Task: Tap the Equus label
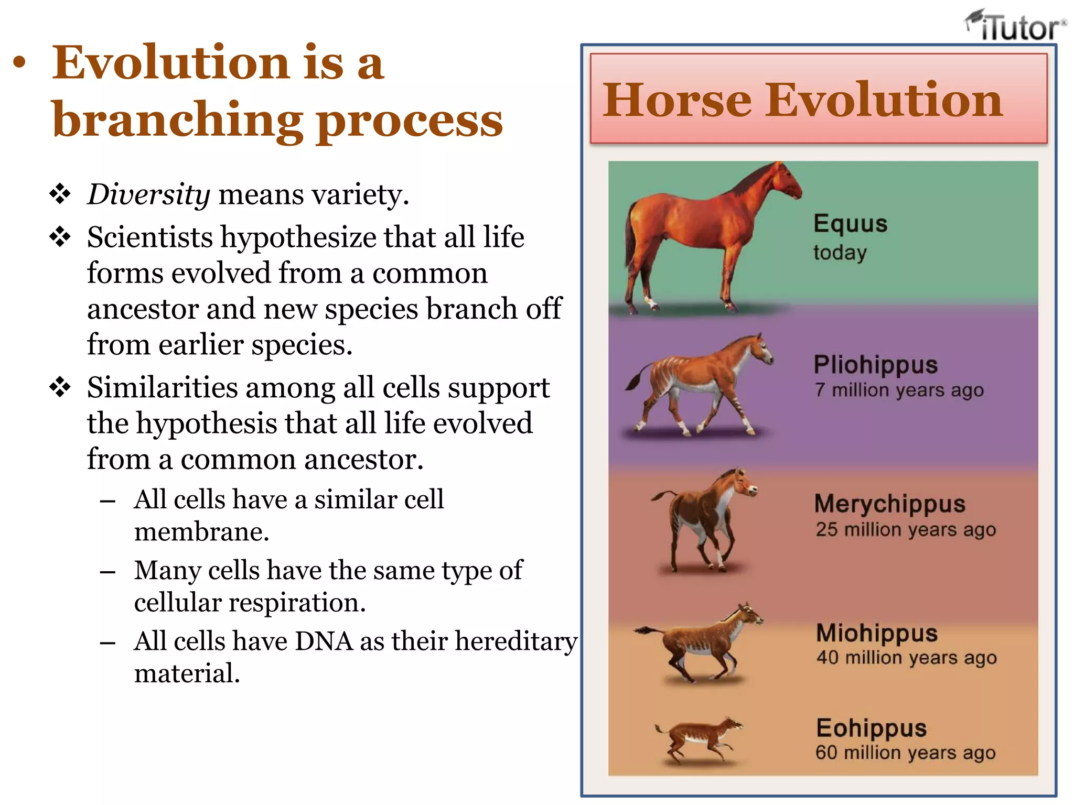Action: point(850,224)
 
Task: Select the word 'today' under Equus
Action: point(840,253)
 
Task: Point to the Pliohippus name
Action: point(875,365)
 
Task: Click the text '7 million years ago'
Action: point(899,390)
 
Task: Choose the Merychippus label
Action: point(889,504)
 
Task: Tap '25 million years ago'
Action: point(905,530)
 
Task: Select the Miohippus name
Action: point(877,633)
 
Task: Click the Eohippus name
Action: point(871,728)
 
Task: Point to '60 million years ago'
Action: point(905,753)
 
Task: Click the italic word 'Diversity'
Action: point(149,195)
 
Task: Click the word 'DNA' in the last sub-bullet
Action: point(324,641)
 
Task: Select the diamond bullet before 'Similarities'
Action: point(60,388)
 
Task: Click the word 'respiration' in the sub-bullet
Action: point(297,603)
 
